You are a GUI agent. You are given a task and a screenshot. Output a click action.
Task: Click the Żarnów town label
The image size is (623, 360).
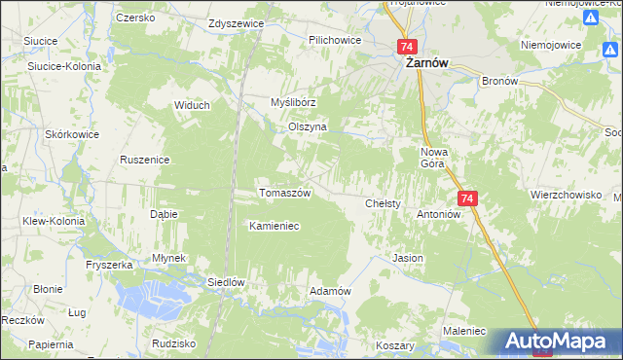(426, 64)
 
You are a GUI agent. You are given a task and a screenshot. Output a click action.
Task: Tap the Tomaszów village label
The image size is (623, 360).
(284, 193)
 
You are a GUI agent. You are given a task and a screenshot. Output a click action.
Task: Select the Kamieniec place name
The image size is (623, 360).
(274, 226)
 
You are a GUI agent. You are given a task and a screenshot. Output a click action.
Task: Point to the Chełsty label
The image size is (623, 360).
(384, 204)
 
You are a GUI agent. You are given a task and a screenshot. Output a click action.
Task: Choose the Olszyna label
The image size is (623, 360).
(308, 127)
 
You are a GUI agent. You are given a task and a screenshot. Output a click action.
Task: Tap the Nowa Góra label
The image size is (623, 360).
(432, 158)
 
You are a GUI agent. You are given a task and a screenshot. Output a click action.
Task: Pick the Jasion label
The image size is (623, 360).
(407, 259)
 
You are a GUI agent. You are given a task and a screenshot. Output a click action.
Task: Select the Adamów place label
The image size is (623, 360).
(329, 291)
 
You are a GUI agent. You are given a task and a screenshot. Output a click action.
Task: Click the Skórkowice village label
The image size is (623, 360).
(68, 133)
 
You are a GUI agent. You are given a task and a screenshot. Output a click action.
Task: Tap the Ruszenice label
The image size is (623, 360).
(145, 160)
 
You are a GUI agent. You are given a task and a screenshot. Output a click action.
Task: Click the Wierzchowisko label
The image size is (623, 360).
(566, 195)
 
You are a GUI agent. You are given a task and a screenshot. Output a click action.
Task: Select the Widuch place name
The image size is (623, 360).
(193, 105)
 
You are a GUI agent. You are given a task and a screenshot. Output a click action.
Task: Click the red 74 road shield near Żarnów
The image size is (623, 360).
(407, 47)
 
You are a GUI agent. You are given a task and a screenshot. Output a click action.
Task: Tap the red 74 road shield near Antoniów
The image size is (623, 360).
(468, 198)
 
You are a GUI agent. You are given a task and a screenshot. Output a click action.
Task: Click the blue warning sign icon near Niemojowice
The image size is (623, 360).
(589, 18)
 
